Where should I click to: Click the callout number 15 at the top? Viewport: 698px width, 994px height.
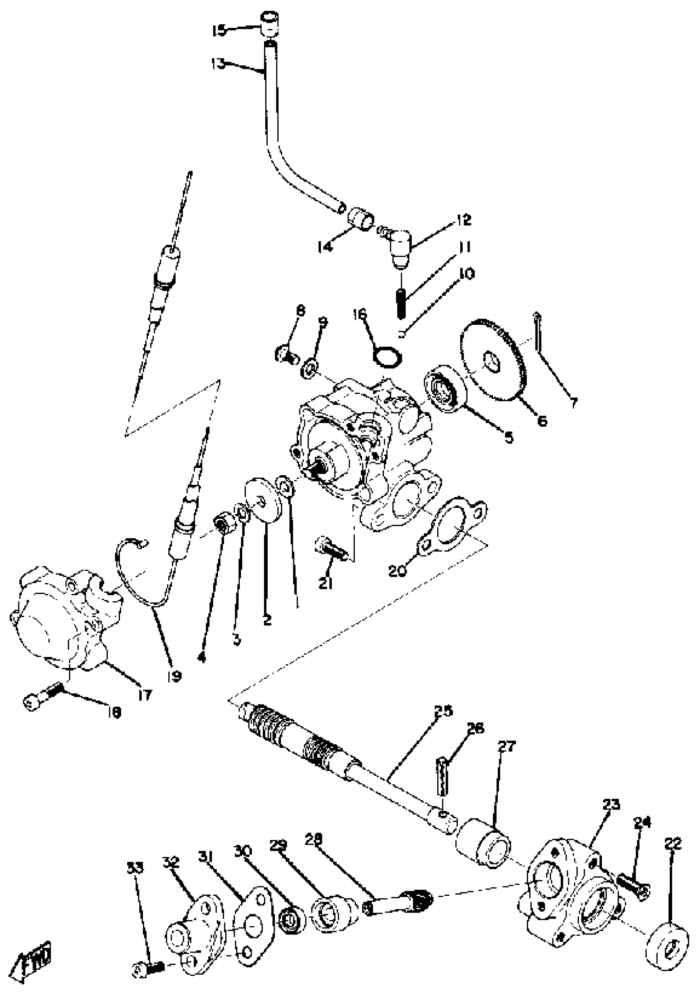click(218, 30)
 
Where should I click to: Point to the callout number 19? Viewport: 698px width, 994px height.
click(174, 676)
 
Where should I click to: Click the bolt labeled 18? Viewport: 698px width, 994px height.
click(41, 702)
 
